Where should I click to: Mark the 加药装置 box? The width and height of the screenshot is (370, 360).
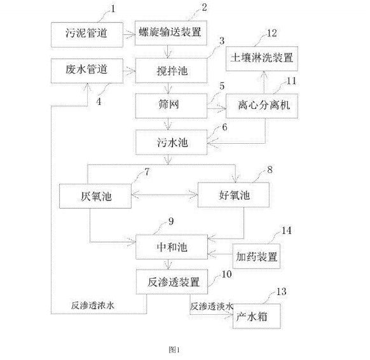click(x=257, y=258)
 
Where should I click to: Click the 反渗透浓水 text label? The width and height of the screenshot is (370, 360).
click(x=92, y=306)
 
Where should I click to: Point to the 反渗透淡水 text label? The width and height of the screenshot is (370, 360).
click(x=210, y=306)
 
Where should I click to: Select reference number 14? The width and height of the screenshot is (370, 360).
click(x=287, y=231)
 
